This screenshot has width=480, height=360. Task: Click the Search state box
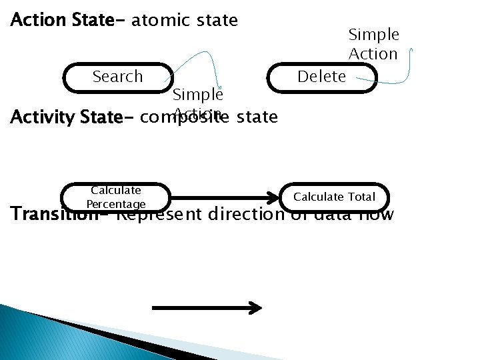117,77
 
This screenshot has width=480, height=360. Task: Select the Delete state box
321,77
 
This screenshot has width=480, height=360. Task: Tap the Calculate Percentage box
116,197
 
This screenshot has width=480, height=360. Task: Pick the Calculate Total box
335,197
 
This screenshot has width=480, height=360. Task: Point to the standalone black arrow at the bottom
207,307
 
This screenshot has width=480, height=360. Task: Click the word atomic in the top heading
161,21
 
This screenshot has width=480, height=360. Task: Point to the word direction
247,215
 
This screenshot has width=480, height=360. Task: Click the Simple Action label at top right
373,44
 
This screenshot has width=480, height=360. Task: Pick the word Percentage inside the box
116,204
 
